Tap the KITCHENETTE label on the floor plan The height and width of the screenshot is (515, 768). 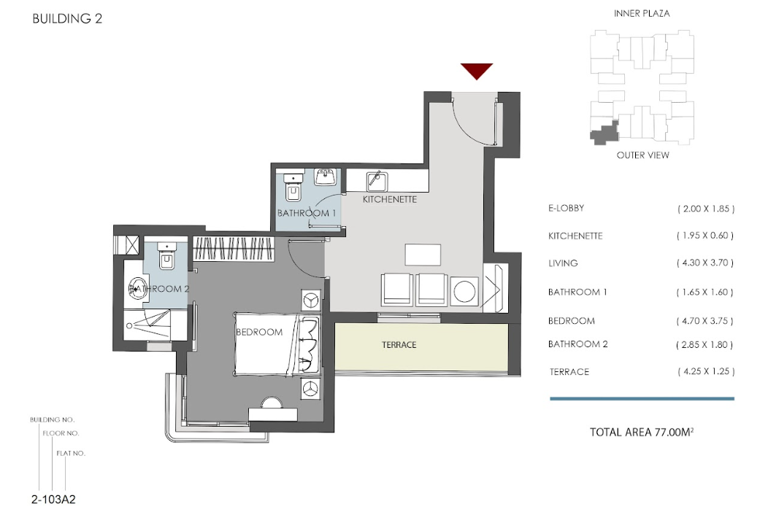click(x=390, y=199)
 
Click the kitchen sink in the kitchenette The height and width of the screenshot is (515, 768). click(x=377, y=181)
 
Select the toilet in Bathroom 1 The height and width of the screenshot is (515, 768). click(x=294, y=188)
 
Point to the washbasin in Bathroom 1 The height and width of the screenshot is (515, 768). click(x=325, y=177)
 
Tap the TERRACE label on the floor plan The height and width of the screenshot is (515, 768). click(x=399, y=345)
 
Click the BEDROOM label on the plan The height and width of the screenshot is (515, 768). click(x=259, y=332)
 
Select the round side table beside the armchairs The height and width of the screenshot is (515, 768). click(x=464, y=292)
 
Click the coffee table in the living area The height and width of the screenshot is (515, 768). click(x=423, y=255)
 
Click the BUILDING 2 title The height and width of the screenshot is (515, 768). click(x=67, y=19)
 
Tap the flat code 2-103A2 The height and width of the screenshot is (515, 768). click(x=53, y=500)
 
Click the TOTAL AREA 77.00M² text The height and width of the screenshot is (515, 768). click(x=642, y=432)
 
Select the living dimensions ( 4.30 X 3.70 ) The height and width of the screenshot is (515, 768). click(x=704, y=263)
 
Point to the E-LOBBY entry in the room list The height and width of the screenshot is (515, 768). click(x=567, y=208)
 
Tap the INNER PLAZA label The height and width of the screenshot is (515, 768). click(x=642, y=14)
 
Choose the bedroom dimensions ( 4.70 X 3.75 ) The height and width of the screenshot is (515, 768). click(x=704, y=321)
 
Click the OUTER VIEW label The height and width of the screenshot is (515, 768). click(x=642, y=155)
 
